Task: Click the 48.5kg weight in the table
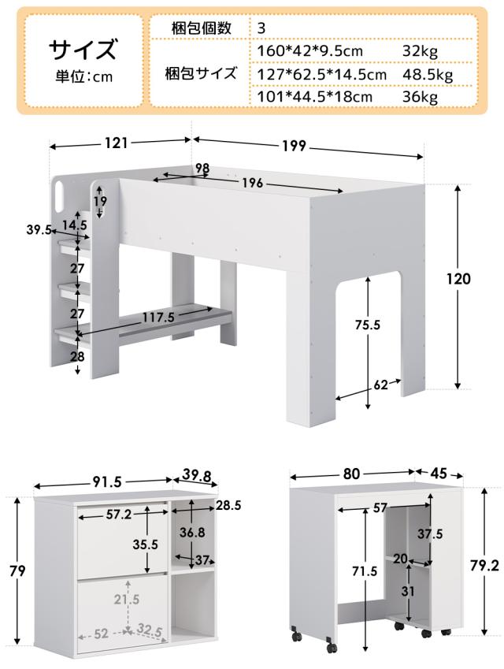coord(428,75)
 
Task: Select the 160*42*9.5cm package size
coord(309,51)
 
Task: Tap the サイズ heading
coord(83,49)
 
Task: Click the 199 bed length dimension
coord(295,146)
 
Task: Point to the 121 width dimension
coord(117,143)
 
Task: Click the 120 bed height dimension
coord(458,279)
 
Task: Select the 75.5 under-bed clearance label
coord(368,325)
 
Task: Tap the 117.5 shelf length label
coord(158,317)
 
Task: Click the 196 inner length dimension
coord(253,184)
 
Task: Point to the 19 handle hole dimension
coord(101,201)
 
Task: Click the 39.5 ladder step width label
coord(39,229)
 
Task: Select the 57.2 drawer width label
coord(119,515)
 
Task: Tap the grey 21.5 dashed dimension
coord(126,600)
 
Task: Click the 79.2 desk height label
coord(484,566)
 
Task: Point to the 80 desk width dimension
coord(351,474)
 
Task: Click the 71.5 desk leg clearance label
coord(365,571)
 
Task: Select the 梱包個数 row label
coord(202,28)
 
